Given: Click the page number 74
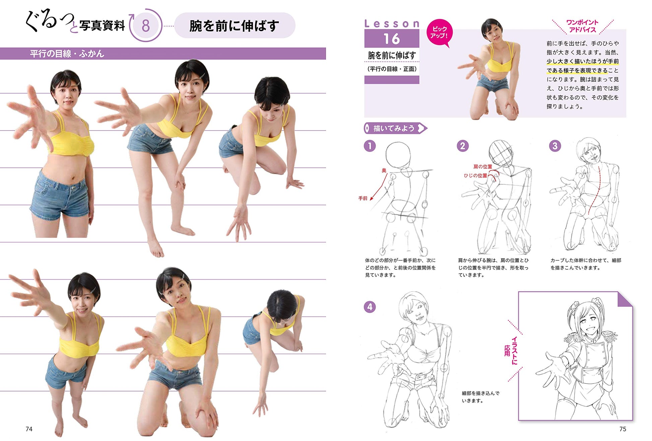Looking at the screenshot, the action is pos(29,429).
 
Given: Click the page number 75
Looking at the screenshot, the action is pos(623,429).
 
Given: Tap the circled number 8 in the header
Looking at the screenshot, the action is pos(145,26).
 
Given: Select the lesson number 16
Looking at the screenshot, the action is pos(392,39).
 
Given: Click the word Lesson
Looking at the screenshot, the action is pos(392,24).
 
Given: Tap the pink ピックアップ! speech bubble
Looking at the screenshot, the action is pos(439,33).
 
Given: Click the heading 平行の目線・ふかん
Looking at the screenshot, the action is pos(67,54).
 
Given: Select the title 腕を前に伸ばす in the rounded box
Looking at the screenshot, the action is pos(234,26).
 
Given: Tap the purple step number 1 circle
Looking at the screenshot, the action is pos(370,146).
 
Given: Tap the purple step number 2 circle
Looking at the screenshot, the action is pos(463,146).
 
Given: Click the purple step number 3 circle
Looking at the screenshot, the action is pos(555,146).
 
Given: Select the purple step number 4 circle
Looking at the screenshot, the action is pos(370,307).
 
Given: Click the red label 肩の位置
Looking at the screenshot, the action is pos(483,167).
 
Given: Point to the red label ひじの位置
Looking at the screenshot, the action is pos(475,175).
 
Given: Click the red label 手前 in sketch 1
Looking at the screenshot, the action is pos(363,198).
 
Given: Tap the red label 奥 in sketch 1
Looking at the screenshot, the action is pos(384,170).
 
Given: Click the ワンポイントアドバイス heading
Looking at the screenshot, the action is pos(582,26).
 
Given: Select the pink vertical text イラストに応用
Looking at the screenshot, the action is pos(511,351).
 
